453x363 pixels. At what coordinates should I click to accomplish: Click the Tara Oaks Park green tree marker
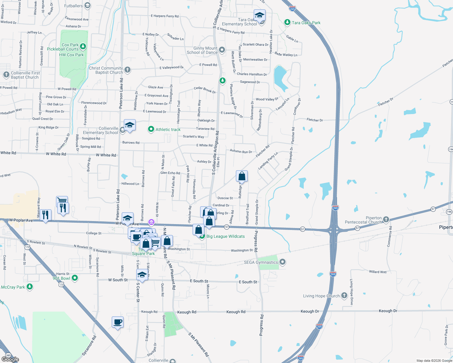[x=287, y=22]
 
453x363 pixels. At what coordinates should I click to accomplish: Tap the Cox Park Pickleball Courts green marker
[x=83, y=47]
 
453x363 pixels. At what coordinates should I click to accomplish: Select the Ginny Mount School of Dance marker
[x=222, y=50]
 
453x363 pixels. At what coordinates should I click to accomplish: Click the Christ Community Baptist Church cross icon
[x=127, y=70]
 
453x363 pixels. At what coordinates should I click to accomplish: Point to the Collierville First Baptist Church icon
[x=6, y=75]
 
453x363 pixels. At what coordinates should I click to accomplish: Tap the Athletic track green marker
[x=151, y=129]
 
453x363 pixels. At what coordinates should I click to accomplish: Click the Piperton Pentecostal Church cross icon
[x=386, y=219]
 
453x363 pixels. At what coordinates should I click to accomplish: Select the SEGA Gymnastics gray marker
[x=283, y=262]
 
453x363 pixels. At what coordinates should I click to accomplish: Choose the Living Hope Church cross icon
[x=344, y=296]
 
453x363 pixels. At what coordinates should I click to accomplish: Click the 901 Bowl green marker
[x=75, y=278]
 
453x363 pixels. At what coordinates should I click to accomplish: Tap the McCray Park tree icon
[x=30, y=286]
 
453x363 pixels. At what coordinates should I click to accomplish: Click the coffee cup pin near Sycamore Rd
[x=117, y=322]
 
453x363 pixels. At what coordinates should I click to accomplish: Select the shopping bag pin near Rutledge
[x=242, y=176]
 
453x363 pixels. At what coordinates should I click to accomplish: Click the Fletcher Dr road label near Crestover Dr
[x=315, y=120]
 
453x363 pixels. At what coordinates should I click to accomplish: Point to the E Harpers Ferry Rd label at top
[x=165, y=16]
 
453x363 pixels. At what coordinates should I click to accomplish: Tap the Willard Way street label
[x=378, y=272]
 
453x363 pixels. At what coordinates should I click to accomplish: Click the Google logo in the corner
[x=10, y=359]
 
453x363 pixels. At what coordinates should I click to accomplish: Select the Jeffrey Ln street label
[x=34, y=32]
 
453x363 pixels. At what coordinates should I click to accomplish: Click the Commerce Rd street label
[x=390, y=237]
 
